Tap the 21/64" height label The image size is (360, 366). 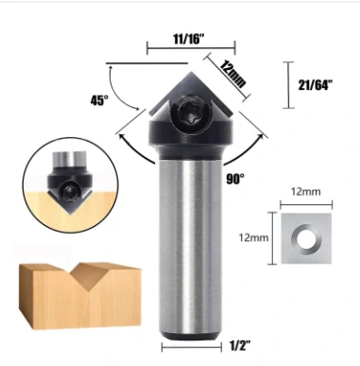pos(323,85)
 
